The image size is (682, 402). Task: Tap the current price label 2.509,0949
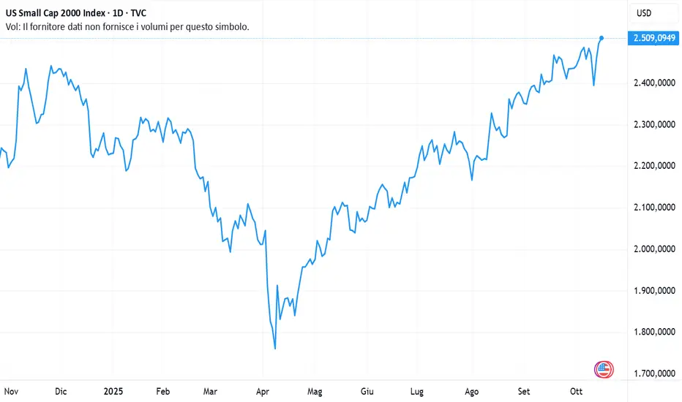pos(653,38)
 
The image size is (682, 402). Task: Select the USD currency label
pos(645,13)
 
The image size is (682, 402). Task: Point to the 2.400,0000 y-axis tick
pos(653,83)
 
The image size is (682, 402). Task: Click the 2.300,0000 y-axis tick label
pos(653,125)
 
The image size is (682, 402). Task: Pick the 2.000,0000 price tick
pos(653,250)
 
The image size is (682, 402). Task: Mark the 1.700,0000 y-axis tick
pos(653,374)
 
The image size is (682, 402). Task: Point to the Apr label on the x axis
pos(263,392)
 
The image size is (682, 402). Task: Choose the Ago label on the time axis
pos(473,392)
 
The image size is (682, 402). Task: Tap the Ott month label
pos(577,392)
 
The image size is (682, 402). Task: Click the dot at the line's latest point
pos(602,38)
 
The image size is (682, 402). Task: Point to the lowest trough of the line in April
pos(275,349)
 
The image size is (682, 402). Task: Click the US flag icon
pos(604,369)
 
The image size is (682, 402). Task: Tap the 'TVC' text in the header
pos(138,13)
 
